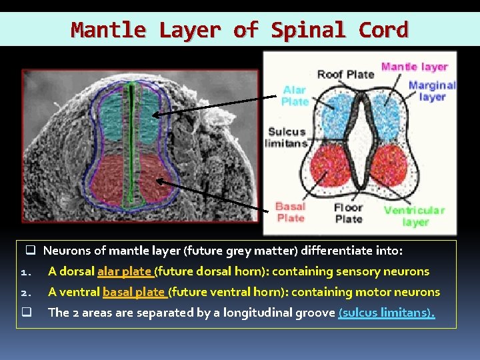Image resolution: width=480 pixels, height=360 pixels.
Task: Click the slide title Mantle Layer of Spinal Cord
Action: (239, 30)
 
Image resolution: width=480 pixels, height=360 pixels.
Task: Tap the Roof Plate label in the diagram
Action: (345, 74)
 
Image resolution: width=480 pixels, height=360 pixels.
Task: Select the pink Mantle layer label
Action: (414, 67)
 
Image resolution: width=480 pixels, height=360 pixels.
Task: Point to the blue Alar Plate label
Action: (294, 96)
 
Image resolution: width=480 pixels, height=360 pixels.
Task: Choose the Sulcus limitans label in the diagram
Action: (286, 137)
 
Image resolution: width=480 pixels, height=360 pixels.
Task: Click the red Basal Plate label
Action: (291, 213)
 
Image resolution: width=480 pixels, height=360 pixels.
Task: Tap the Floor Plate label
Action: (349, 213)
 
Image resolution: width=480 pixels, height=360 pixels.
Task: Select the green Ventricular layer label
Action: (414, 215)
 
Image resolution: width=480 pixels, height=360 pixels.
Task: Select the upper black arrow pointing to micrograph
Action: (213, 105)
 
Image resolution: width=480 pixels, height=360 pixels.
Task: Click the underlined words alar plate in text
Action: (125, 272)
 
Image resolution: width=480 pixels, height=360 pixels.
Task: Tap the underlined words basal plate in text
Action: (134, 292)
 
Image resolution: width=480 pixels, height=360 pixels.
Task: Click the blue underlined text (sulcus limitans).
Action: (387, 313)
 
